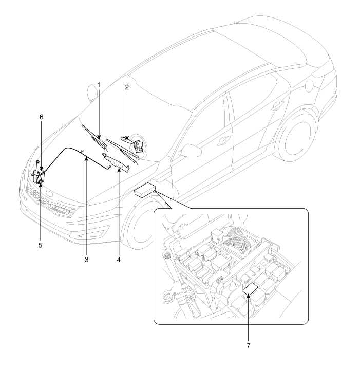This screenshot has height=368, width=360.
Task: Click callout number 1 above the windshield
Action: tap(99, 84)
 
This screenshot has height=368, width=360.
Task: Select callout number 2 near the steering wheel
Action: tap(127, 87)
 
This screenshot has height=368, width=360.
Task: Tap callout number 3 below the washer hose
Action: tap(87, 260)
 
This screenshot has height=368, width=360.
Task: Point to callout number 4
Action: tap(119, 260)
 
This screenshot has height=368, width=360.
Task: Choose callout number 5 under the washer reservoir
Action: tap(41, 245)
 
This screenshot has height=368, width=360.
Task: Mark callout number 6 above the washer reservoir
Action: tap(41, 117)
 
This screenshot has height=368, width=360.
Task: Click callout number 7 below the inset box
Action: tap(249, 346)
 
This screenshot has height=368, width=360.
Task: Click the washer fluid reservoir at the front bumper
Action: tap(38, 174)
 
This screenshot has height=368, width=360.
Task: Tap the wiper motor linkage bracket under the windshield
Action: tap(116, 162)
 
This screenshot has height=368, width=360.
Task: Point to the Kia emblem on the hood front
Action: tap(49, 194)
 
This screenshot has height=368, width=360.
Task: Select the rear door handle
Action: tap(277, 105)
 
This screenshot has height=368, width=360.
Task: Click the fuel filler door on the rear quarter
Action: tap(310, 86)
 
